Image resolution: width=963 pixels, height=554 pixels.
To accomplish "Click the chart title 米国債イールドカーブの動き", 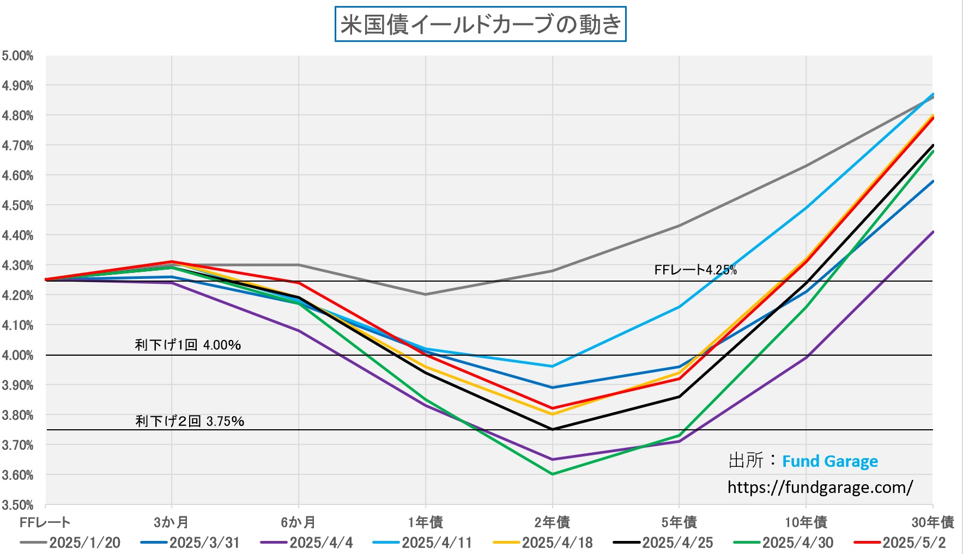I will tap(480, 25).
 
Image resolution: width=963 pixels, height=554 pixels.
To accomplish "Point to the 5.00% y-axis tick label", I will tap(17, 56).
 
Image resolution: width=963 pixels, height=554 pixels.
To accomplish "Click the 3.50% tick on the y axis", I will tap(17, 505).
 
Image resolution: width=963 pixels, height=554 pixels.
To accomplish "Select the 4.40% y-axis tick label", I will tap(17, 235).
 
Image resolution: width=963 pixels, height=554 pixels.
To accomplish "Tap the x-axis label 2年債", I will tap(552, 522).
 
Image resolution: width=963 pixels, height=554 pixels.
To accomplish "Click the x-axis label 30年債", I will tap(932, 522).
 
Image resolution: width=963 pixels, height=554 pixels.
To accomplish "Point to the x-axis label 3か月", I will tap(171, 522).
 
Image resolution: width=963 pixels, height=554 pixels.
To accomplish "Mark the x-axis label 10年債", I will tap(805, 522).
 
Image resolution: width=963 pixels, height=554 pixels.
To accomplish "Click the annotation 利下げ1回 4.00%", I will tap(188, 345).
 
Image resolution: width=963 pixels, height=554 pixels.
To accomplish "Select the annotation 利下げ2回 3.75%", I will tap(190, 421).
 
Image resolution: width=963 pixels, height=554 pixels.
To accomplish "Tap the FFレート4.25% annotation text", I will tap(695, 270).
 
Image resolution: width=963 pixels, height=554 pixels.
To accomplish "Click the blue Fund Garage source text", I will tap(830, 461).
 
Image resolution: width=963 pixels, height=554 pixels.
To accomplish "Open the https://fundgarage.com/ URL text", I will tap(820, 487).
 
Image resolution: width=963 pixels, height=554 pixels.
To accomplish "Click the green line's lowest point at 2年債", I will tap(553, 474).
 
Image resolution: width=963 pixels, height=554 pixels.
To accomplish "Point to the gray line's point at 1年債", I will tap(426, 294).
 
